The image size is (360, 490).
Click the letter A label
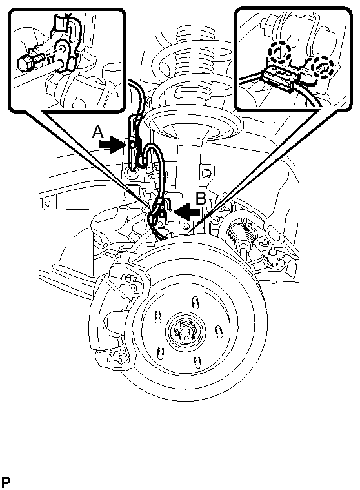(x=97, y=132)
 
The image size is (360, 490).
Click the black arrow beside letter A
(x=112, y=146)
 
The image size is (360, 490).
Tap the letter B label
(x=201, y=198)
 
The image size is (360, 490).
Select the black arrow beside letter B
(x=186, y=211)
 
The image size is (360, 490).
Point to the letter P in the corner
(x=5, y=482)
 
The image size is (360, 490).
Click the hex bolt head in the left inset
(x=24, y=64)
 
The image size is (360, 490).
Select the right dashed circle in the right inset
(x=321, y=67)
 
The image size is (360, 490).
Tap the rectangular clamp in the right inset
(x=280, y=79)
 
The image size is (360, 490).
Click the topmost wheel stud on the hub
(x=194, y=302)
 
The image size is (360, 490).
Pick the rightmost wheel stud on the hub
(x=219, y=332)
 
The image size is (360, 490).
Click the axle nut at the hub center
(x=185, y=333)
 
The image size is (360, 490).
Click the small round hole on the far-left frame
(x=48, y=203)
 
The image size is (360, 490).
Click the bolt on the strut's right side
(x=206, y=172)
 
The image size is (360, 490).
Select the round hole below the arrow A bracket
(x=130, y=172)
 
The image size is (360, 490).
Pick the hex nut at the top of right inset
(x=267, y=26)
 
